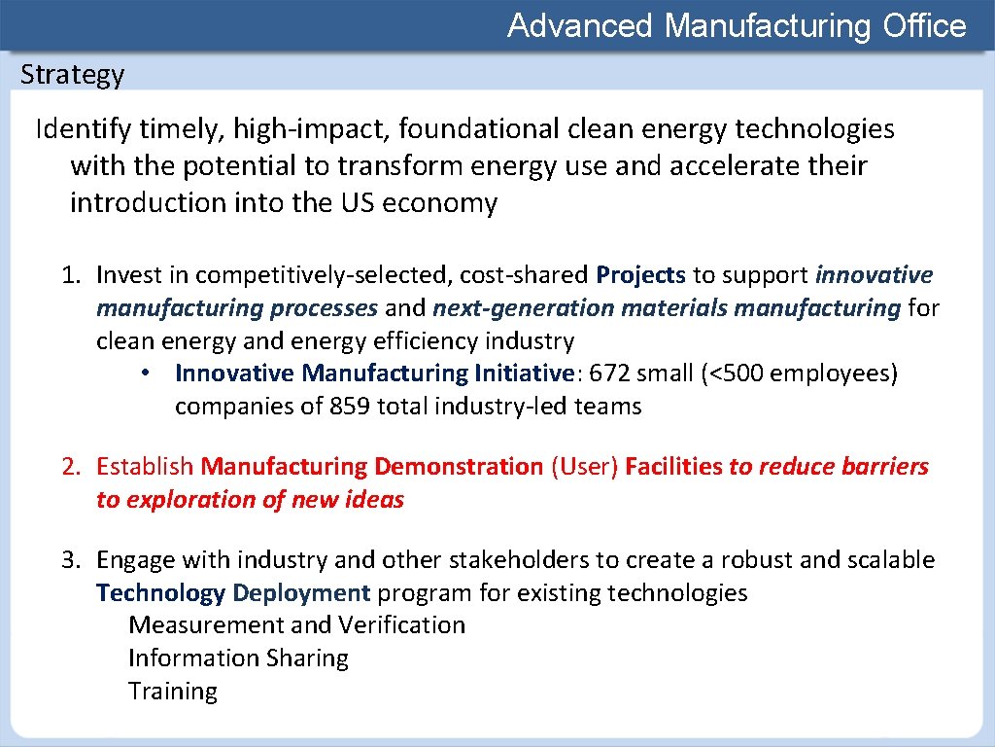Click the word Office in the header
coord(924,25)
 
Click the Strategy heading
coord(72,75)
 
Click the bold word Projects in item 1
coord(640,276)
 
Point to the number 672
coord(610,373)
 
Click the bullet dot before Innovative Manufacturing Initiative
coord(143,373)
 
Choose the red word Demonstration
coord(458,467)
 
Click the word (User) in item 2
coord(584,467)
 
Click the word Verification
coord(401,625)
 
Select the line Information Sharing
coord(238,658)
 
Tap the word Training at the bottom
coord(173,692)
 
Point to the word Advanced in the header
coord(580,25)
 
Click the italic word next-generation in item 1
coord(524,309)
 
